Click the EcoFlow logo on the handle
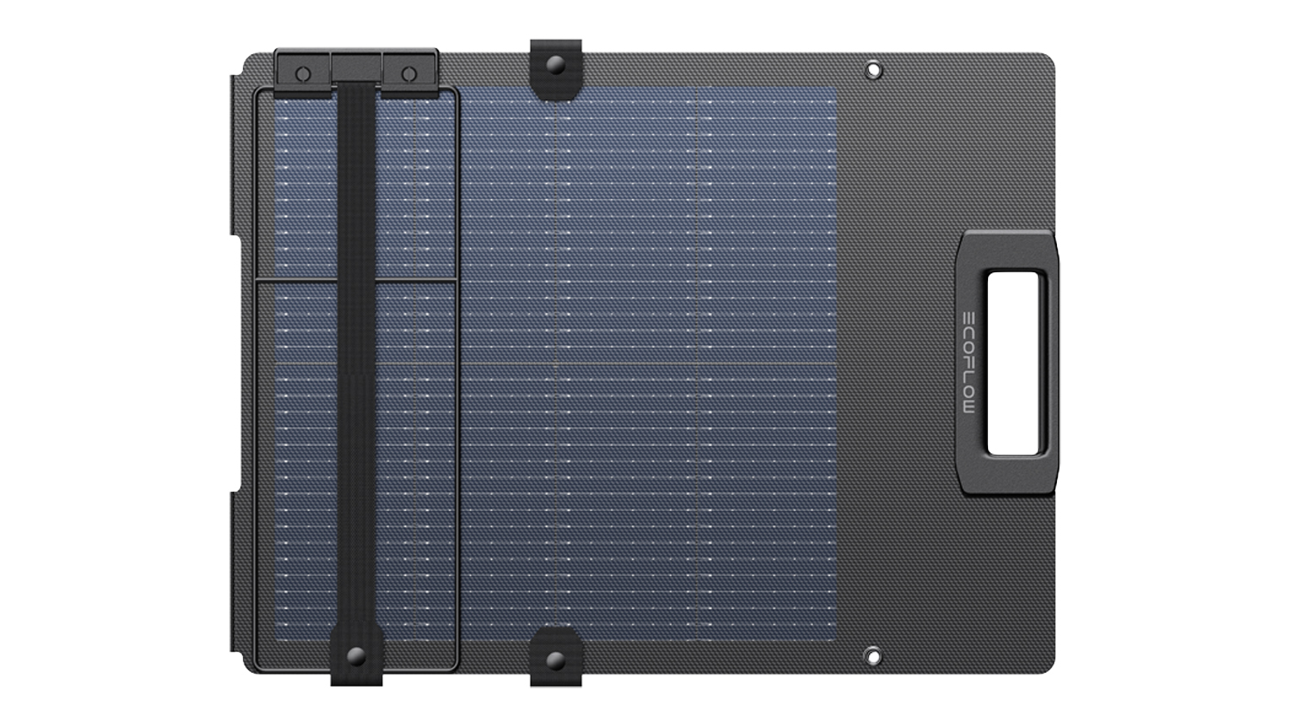tap(969, 363)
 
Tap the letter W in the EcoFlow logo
tap(969, 407)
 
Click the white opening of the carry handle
tap(1014, 363)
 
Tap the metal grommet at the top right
tap(873, 71)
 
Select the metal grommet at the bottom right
tap(873, 656)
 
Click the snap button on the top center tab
tap(556, 64)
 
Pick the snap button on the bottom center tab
tap(556, 660)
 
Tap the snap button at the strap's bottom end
tap(356, 656)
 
